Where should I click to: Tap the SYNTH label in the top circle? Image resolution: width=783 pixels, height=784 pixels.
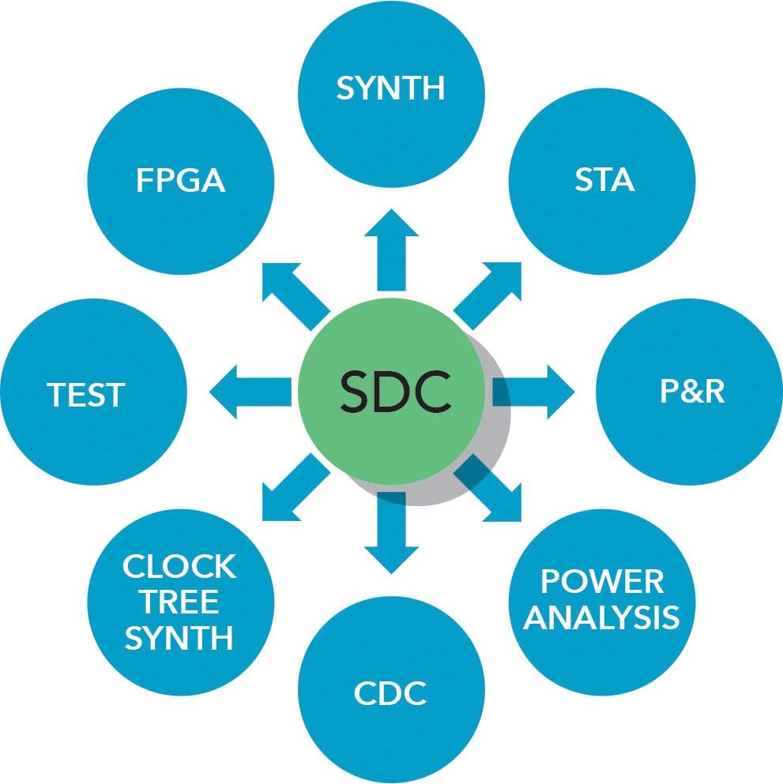point(391,88)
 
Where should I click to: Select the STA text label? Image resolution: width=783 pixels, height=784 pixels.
point(604,180)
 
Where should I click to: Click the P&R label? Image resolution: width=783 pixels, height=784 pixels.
point(692,392)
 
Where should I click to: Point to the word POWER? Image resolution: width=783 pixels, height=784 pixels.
point(602,582)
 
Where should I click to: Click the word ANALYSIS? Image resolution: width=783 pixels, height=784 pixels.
point(602,617)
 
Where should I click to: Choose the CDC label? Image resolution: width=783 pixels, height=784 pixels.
point(391,694)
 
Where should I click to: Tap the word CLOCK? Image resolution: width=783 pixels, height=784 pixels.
point(179,566)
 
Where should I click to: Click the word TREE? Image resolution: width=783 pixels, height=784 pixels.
point(179,602)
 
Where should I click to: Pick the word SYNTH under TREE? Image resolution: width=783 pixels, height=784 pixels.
point(179,637)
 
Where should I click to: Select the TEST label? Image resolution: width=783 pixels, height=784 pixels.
point(87,394)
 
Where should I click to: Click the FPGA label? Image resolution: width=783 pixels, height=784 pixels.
point(180,180)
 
